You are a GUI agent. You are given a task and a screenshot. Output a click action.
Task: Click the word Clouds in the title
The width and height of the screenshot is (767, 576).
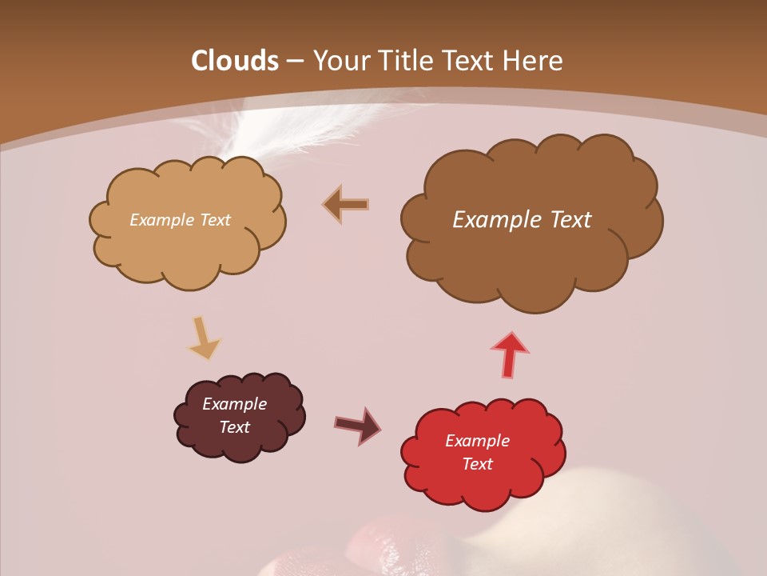235,61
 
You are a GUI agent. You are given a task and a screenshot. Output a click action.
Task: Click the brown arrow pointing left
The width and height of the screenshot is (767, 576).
345,205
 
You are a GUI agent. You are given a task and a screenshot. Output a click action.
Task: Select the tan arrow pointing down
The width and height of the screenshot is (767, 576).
204,338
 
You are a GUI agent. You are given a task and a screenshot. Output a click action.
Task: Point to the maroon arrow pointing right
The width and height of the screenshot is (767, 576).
358,425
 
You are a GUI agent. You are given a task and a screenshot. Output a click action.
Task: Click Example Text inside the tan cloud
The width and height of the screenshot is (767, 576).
180,220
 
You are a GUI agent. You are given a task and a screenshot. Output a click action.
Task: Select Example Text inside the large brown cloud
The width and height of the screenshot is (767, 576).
522,220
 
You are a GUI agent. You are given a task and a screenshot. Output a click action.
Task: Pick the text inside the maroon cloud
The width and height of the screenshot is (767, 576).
235,415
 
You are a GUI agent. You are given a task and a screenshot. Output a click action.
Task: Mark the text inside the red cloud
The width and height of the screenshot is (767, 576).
477,452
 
